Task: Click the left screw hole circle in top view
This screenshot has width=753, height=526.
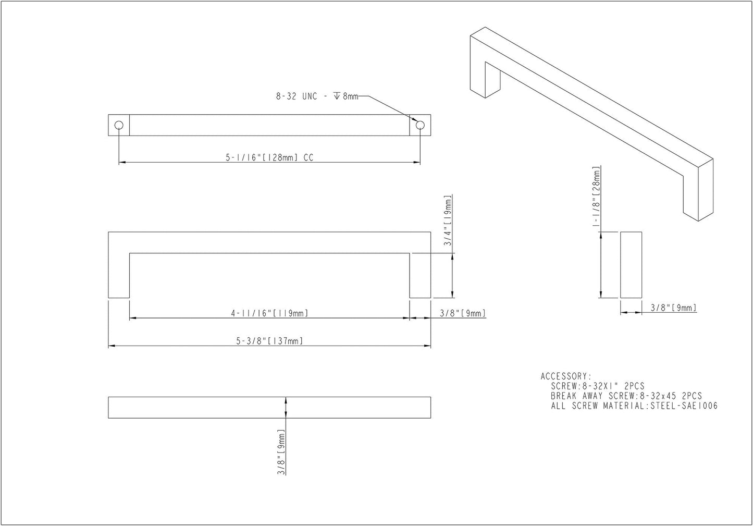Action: coord(119,125)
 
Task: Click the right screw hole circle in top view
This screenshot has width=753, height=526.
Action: coord(420,125)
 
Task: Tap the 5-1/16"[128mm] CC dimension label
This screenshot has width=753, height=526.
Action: coord(269,157)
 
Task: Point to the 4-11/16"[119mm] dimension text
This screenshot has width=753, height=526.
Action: coord(269,313)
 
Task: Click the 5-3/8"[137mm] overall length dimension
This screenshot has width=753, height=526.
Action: coord(269,341)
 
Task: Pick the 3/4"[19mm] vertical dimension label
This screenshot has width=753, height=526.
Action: coord(448,220)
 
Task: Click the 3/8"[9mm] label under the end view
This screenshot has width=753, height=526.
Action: coord(673,308)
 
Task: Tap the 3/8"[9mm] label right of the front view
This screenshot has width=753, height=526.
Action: coord(463,313)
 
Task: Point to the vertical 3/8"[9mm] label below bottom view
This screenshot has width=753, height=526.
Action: coord(281,452)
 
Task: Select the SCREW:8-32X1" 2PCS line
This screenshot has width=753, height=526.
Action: coord(598,386)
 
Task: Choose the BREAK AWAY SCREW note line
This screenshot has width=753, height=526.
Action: coord(626,396)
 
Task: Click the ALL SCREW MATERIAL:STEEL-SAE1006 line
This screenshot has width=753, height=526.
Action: coord(634,406)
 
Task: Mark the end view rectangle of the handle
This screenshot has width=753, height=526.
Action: coord(631,265)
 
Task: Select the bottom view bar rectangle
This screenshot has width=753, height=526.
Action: coord(269,408)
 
